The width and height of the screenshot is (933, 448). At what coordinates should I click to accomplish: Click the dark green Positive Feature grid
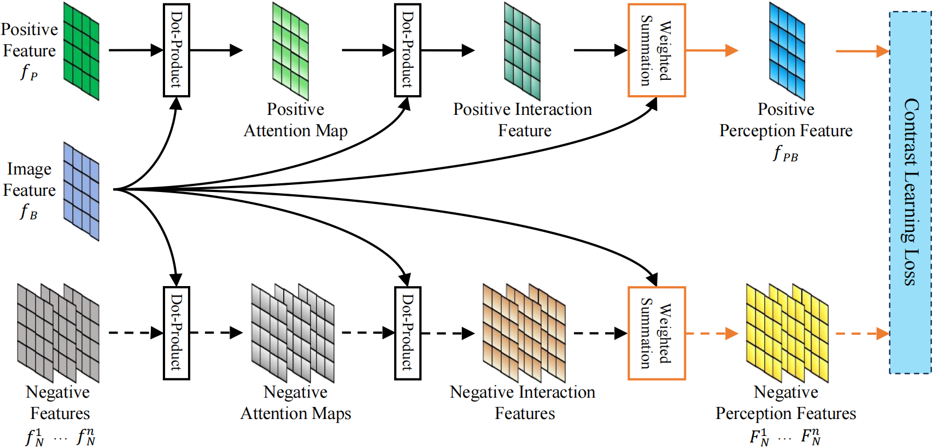pos(81,51)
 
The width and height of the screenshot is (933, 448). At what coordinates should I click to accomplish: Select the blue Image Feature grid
pos(81,191)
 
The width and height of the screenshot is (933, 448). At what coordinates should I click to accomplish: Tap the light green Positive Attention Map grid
pos(290,51)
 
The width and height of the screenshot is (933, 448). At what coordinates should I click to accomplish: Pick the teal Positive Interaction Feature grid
pos(522,51)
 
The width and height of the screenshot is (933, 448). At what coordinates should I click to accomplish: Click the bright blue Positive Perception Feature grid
pos(787,51)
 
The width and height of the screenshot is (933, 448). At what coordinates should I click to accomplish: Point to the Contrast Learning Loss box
pos(910,192)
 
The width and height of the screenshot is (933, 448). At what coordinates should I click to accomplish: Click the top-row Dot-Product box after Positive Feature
pos(176,50)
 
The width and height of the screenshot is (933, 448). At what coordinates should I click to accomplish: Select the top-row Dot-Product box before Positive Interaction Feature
pos(408,50)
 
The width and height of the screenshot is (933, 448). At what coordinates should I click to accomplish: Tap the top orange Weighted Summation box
pos(656,50)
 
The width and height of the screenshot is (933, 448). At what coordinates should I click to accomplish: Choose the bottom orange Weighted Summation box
pos(656,333)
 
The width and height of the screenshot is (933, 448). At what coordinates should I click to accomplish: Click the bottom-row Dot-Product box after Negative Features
pos(176,333)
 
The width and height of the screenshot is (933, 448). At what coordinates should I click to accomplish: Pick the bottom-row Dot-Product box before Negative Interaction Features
pos(408,333)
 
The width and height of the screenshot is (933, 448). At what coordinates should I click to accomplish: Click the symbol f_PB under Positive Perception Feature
pos(785,154)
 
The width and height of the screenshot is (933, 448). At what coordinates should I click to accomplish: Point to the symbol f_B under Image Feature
pos(29,212)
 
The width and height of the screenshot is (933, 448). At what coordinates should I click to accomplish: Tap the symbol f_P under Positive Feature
pos(29,72)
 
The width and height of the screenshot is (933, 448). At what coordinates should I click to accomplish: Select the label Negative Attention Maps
pos(296,403)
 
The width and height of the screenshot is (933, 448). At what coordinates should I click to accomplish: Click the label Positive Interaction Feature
pos(523,120)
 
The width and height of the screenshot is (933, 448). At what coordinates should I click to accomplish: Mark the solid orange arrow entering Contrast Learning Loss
pos(862,51)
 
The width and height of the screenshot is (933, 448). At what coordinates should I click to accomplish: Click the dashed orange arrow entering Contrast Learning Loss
pos(862,334)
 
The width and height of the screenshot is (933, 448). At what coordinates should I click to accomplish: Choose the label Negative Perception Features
pos(786,403)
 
